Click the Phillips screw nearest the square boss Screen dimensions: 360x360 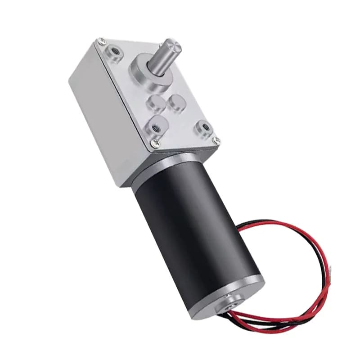tap(156, 143)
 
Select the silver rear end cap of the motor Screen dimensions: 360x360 tap(238, 297)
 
